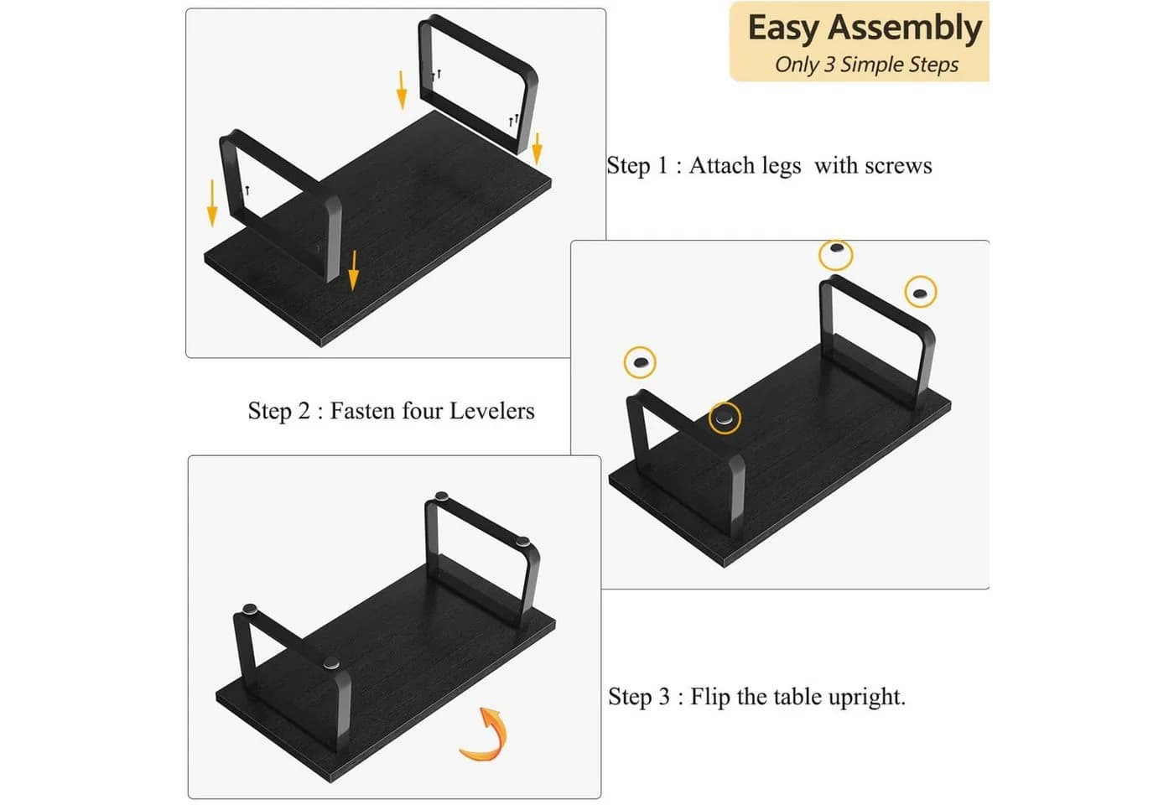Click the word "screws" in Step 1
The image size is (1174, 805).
(x=898, y=166)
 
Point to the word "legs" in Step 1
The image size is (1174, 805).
(x=782, y=167)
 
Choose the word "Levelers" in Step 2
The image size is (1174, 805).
(x=492, y=411)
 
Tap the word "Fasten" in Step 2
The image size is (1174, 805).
(x=362, y=411)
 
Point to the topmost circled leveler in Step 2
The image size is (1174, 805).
(x=836, y=255)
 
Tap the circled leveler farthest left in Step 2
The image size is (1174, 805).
(x=640, y=362)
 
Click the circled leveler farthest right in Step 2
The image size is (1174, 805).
(x=921, y=292)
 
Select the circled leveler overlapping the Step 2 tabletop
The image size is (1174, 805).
(x=725, y=418)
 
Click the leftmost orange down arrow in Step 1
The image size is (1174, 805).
(x=211, y=203)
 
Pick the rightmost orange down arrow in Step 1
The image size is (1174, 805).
(x=537, y=149)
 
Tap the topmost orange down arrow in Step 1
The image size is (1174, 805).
(x=402, y=91)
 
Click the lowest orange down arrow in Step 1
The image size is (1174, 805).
(x=354, y=270)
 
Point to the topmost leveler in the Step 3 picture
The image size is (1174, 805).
(x=442, y=496)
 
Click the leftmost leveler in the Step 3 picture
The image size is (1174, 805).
(x=250, y=609)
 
